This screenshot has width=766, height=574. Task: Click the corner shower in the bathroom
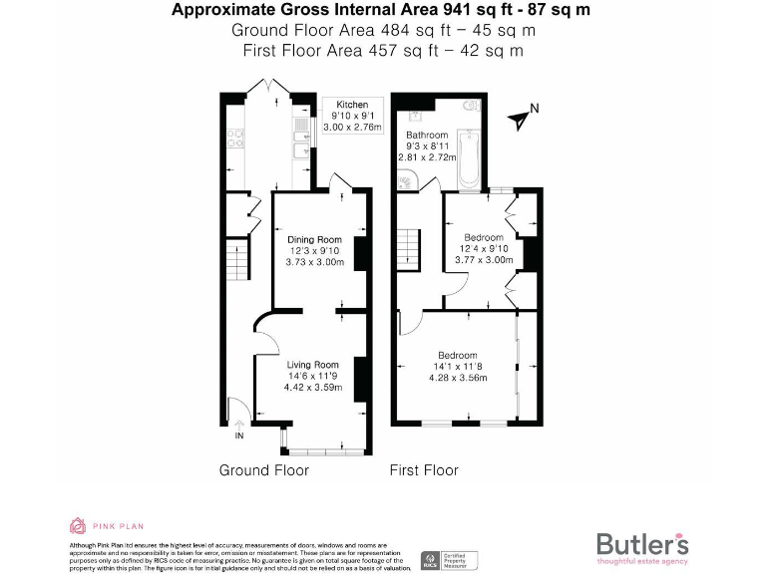point(407,179)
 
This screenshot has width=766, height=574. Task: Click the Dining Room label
point(314,239)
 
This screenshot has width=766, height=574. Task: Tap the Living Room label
point(313,365)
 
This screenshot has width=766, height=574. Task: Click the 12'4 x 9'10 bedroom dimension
point(485,248)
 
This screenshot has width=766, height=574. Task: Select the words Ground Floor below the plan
point(263,469)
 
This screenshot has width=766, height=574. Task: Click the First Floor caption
point(424,469)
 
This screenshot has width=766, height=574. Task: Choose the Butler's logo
point(642,546)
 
